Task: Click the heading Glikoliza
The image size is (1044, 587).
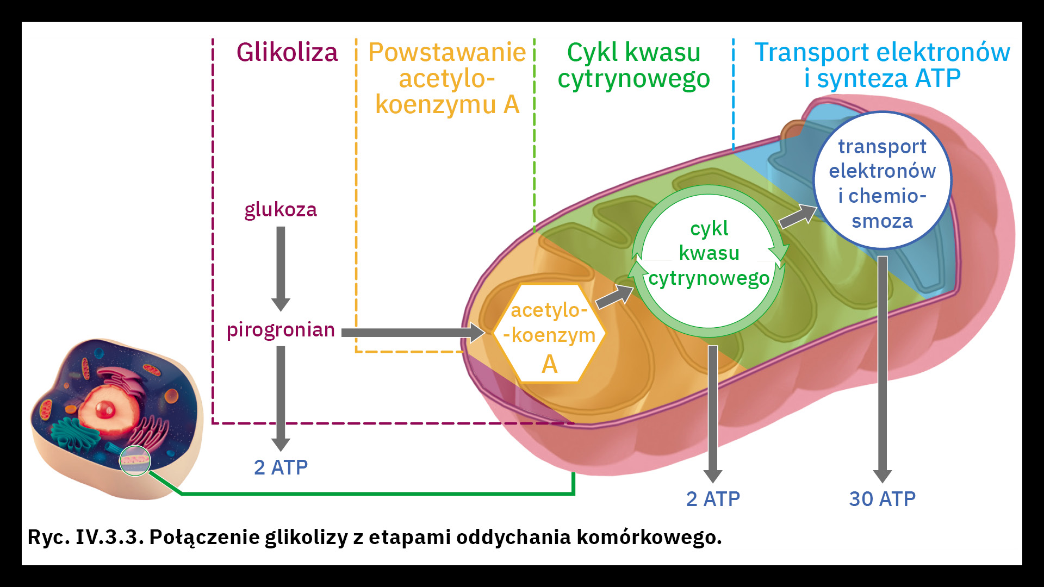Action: (287, 53)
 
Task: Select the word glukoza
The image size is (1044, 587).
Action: (280, 210)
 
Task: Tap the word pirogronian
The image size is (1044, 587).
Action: (281, 330)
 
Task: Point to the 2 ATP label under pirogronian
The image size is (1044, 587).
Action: (281, 467)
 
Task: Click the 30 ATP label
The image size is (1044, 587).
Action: (882, 499)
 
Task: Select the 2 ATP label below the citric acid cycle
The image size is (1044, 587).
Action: (713, 499)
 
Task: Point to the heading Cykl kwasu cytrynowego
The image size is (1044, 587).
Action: (633, 66)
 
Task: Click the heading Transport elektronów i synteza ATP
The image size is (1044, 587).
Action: (881, 66)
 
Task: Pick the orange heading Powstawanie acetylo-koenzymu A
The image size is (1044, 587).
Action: (447, 78)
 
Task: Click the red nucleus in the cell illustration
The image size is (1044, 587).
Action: (104, 409)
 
